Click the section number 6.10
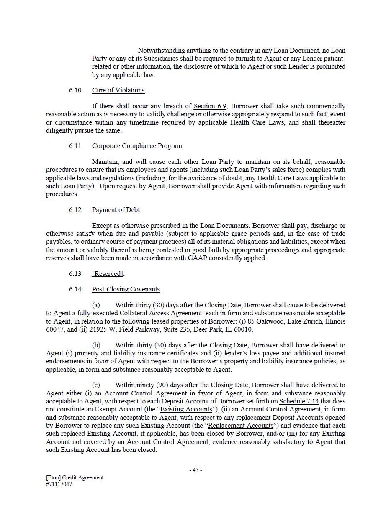pyautogui.click(x=75, y=90)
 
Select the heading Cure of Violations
pyautogui.click(x=118, y=90)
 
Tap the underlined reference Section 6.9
pyautogui.click(x=210, y=106)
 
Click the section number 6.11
pyautogui.click(x=75, y=146)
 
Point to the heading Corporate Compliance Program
pyautogui.click(x=137, y=146)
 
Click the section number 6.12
pyautogui.click(x=75, y=210)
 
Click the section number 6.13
pyautogui.click(x=75, y=274)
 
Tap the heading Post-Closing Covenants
pyautogui.click(x=126, y=289)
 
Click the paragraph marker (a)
pyautogui.click(x=96, y=305)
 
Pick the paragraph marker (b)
pyautogui.click(x=96, y=345)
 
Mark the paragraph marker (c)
pyautogui.click(x=96, y=385)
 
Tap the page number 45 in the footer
pyautogui.click(x=195, y=470)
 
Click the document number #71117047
pyautogui.click(x=59, y=485)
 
